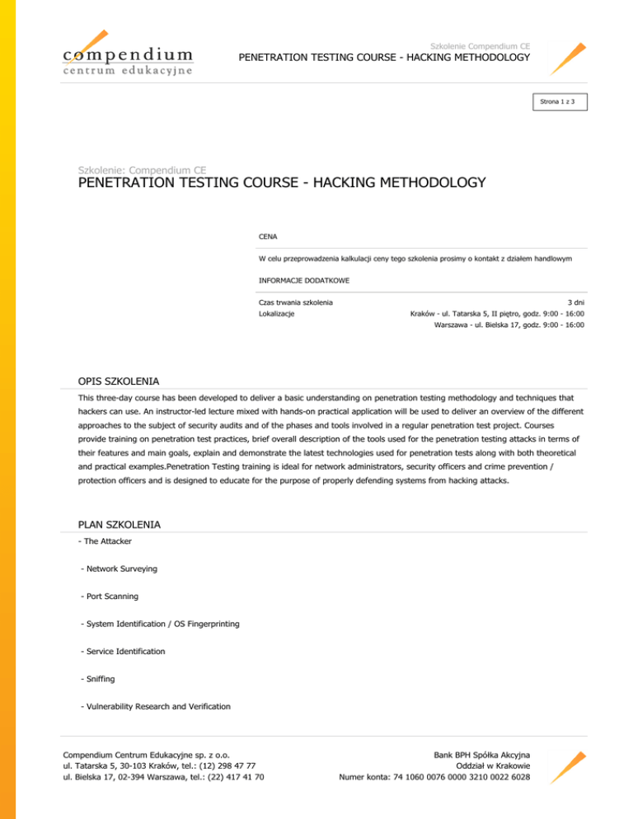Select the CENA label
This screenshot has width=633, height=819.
tap(267, 236)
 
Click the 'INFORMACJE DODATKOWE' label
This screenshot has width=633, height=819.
tap(303, 281)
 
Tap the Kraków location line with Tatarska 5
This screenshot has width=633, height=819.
tap(497, 314)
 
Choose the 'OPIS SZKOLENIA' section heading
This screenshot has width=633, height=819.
tap(119, 381)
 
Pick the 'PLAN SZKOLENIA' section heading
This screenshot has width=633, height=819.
tap(119, 524)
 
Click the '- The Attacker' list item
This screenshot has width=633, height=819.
tap(104, 541)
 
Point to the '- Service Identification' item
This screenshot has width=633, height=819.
tap(123, 651)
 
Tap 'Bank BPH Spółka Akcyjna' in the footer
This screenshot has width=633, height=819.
tap(482, 753)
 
